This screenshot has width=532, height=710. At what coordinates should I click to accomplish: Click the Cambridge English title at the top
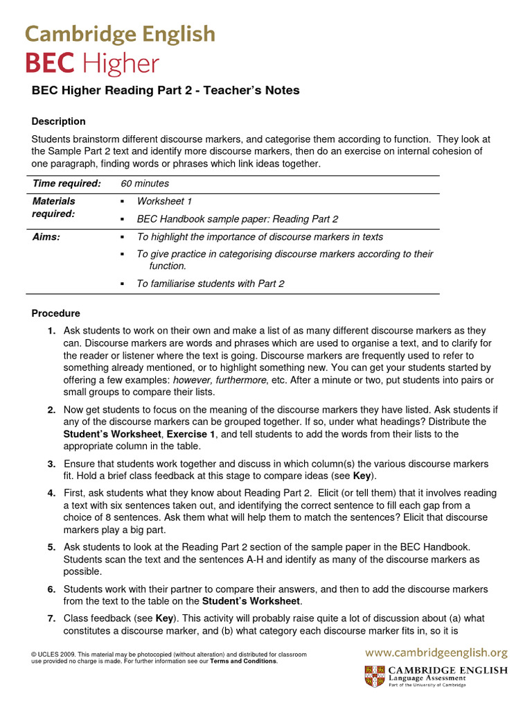120,34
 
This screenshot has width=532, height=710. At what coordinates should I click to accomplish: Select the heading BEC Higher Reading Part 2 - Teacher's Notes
166,91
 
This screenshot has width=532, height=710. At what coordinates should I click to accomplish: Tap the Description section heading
59,121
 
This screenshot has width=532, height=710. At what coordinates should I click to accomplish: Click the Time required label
67,184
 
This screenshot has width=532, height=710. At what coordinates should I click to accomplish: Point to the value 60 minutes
145,184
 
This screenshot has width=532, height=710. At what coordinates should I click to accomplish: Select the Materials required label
54,207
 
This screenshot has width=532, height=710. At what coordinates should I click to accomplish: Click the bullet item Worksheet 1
164,201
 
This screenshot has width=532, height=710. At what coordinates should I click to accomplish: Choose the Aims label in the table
46,237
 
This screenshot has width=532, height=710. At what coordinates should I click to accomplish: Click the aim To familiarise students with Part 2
210,284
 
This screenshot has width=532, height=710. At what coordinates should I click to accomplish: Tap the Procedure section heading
56,313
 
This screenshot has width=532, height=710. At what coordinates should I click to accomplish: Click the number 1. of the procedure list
52,331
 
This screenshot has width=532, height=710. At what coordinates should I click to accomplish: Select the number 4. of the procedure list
52,493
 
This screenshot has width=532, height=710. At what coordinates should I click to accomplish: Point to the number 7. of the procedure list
52,618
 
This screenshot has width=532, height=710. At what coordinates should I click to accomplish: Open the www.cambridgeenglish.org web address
436,652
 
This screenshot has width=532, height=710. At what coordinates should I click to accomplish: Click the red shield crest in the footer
374,676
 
